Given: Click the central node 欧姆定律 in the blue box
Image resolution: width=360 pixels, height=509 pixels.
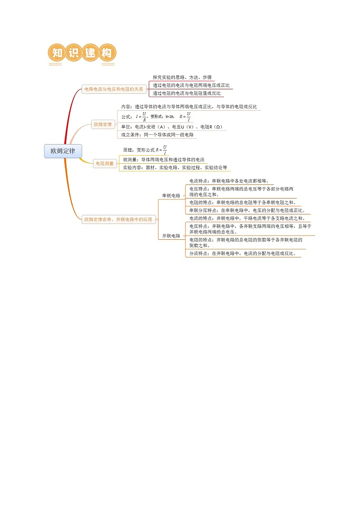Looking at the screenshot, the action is click(63, 151).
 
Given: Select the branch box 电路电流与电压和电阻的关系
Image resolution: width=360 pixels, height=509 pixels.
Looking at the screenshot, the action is click(114, 89).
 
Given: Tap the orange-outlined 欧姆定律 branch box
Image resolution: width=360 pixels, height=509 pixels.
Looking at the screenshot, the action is click(102, 124).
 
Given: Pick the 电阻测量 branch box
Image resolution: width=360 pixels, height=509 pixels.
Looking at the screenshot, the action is click(105, 164).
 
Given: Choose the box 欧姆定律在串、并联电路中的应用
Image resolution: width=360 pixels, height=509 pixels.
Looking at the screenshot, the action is click(118, 219).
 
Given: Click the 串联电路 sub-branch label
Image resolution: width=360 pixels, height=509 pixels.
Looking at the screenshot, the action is click(171, 196).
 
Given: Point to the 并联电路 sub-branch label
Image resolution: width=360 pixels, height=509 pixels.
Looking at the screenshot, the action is click(171, 236).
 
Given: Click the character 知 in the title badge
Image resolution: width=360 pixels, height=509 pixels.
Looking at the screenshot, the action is click(57, 53).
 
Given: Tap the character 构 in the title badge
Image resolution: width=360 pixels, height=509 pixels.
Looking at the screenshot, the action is click(107, 53).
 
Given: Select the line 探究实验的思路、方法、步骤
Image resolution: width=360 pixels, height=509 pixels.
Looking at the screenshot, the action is click(182, 77).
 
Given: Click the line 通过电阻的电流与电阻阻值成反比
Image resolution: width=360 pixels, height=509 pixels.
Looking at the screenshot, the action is click(187, 93).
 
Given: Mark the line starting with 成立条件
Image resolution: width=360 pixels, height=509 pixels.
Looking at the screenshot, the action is click(157, 135).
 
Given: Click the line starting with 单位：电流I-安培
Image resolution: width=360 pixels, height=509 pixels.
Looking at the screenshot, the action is click(172, 127).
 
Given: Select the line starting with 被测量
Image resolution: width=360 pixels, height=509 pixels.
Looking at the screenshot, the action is click(164, 160).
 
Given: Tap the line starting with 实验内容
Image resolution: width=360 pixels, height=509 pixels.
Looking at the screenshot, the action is click(175, 168).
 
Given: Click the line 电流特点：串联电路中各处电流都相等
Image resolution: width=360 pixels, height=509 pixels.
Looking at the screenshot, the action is click(229, 181).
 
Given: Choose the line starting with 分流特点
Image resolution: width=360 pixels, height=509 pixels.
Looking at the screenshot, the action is click(243, 253).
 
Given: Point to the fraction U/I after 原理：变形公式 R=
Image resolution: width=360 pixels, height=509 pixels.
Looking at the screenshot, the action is click(165, 150).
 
